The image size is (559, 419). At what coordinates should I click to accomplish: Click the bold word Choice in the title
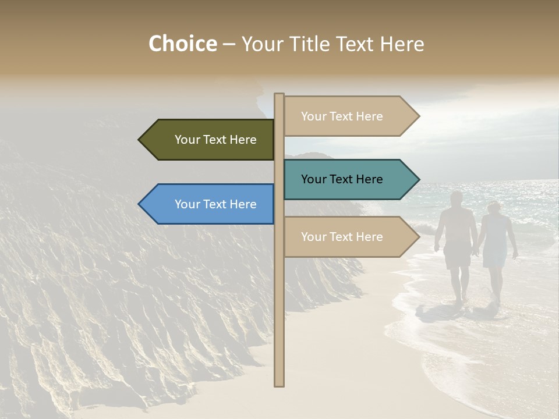182,44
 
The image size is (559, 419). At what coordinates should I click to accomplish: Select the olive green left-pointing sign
210,140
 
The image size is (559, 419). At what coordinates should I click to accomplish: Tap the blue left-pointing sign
210,204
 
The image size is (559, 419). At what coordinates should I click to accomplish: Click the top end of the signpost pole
279,95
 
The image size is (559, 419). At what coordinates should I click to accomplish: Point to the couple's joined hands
476,251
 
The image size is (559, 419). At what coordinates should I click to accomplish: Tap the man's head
457,197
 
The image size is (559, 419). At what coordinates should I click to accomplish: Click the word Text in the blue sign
215,204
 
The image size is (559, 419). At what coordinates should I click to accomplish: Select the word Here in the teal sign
368,179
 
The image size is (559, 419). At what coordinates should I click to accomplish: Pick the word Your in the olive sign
187,140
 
